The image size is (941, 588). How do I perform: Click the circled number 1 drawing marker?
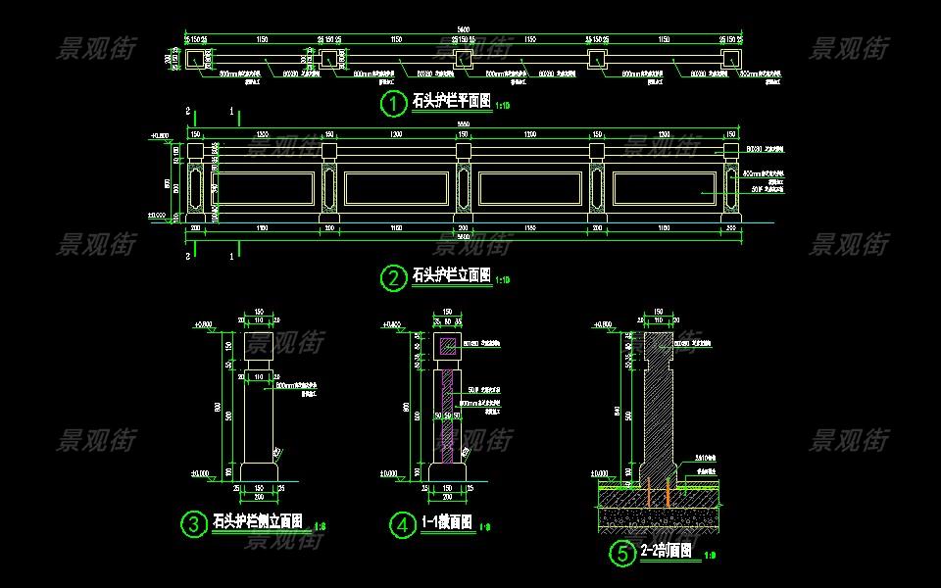point(392,102)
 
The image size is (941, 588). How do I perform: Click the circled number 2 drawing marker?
point(392,278)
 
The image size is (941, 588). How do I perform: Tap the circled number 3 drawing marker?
point(193,524)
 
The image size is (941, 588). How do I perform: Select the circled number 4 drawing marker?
point(402,525)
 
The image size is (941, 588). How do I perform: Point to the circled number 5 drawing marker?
point(621,555)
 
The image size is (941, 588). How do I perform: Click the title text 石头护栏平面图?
point(451,101)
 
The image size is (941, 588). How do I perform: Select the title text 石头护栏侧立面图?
point(257,521)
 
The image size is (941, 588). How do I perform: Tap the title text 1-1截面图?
point(447,523)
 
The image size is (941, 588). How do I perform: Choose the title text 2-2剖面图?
point(667,552)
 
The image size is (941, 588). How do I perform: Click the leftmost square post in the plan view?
point(195,59)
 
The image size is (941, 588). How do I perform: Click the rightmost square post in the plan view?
point(730,59)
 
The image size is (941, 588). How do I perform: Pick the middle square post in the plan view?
point(463,59)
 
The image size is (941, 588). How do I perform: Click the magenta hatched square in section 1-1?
point(447,346)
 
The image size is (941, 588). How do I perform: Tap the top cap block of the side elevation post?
point(259,345)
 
